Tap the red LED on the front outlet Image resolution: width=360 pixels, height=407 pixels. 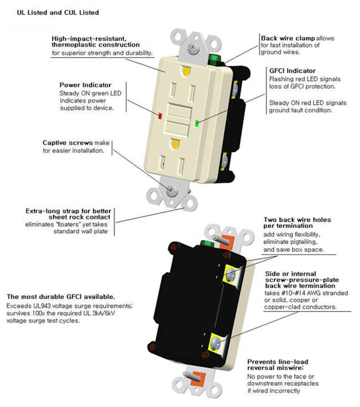pos(160,117)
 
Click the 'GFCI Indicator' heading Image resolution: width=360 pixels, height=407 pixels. pos(292,71)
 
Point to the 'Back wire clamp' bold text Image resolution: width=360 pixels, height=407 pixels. pos(288,38)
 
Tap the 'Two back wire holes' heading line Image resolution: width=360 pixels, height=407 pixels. pos(297,220)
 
